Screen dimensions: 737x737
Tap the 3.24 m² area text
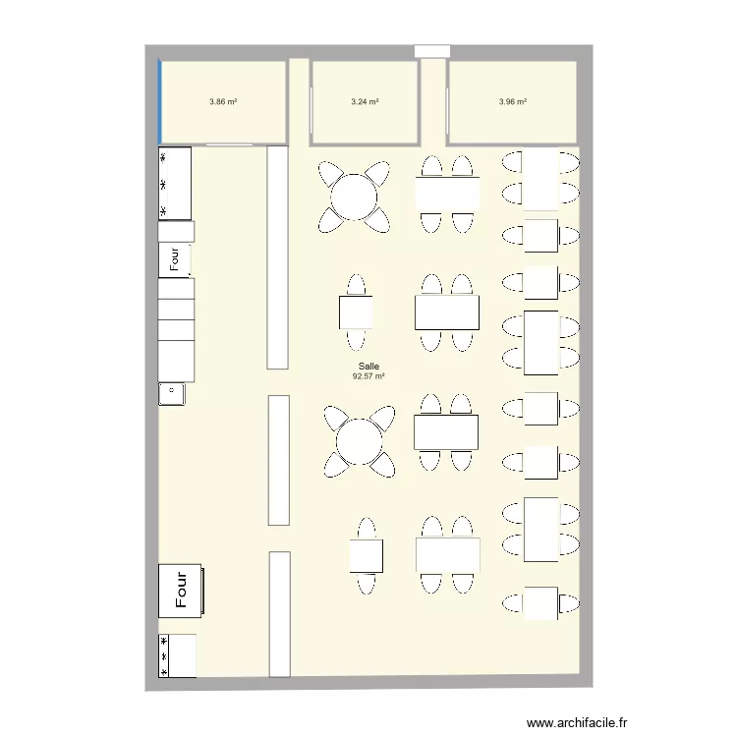(x=365, y=101)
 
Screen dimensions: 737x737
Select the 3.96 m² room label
(x=512, y=101)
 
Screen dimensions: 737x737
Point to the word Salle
(x=368, y=366)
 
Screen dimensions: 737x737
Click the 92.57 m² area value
(x=368, y=375)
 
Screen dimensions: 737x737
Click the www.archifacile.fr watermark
(x=576, y=720)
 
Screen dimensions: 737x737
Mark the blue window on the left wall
(x=160, y=101)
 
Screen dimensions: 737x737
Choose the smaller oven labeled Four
(x=175, y=258)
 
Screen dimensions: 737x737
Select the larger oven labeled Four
(x=181, y=591)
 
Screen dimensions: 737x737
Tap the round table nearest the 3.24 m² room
(x=354, y=196)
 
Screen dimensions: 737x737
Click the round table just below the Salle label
(x=359, y=441)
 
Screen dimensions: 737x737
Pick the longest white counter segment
(x=278, y=256)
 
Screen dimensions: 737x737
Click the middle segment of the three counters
(x=279, y=460)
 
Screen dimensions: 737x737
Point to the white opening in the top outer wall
(x=432, y=51)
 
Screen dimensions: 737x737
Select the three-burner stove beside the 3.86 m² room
(x=175, y=184)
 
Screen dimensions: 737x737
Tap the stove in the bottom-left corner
(x=177, y=655)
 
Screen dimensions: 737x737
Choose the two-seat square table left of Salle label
(x=356, y=312)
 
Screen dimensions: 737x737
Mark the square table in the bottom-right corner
(x=540, y=602)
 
